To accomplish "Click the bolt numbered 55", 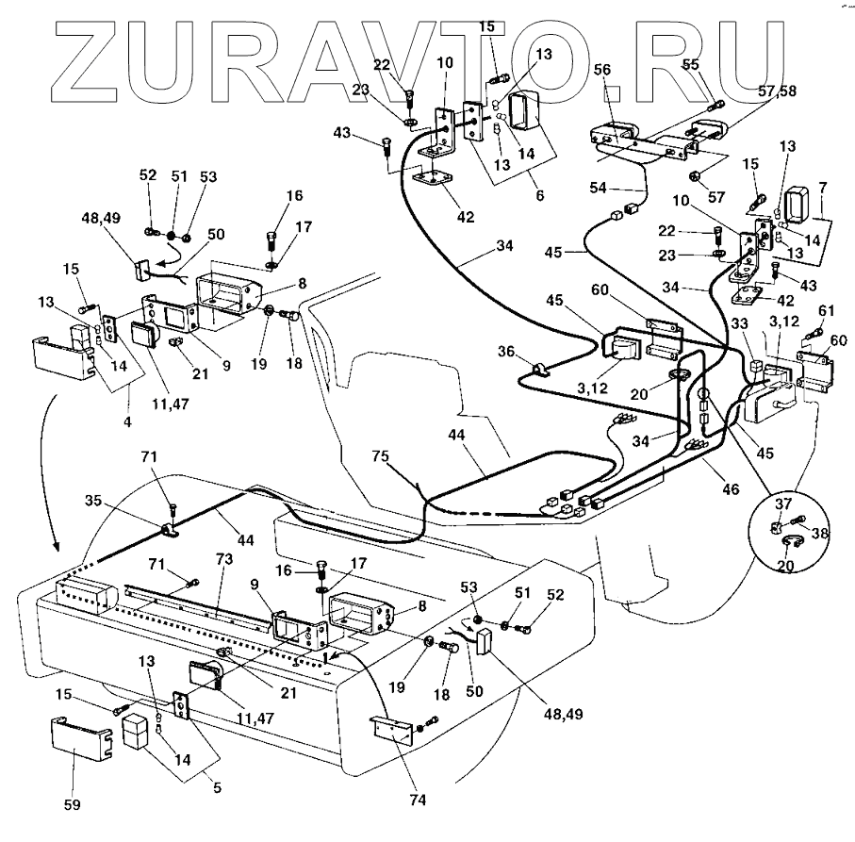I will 715,105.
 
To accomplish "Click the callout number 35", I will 93,500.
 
